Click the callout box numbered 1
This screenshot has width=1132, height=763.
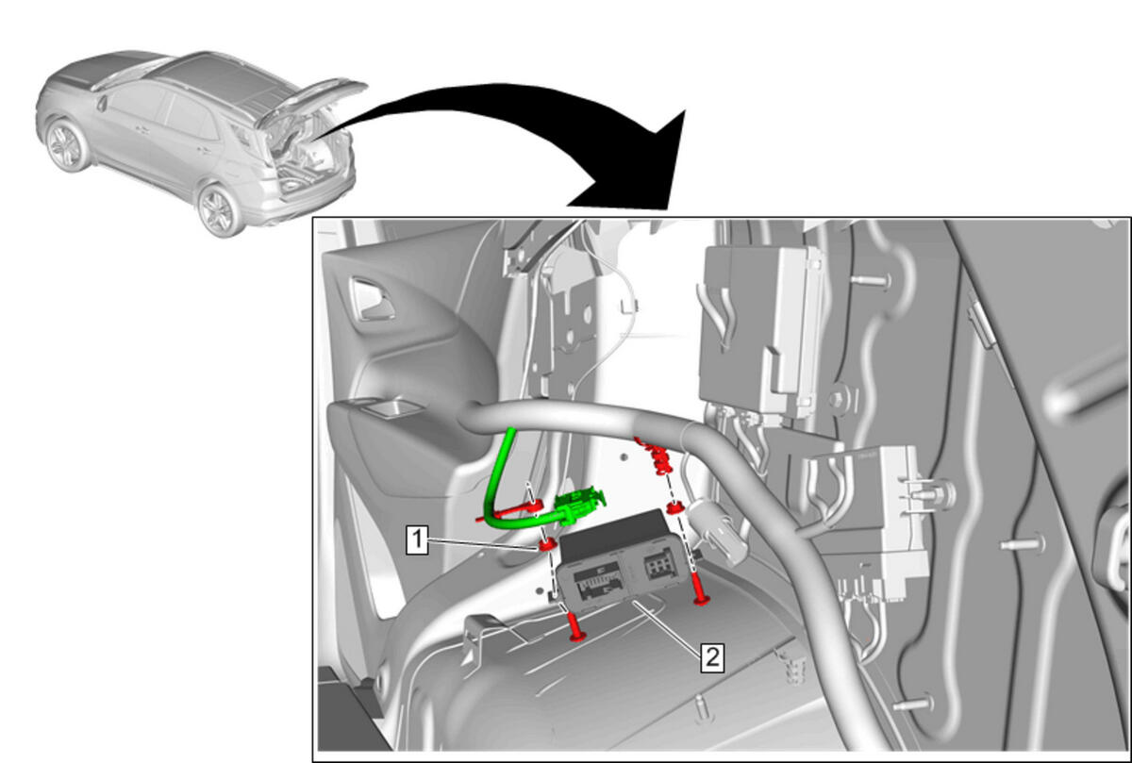417,539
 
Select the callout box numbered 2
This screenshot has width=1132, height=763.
712,658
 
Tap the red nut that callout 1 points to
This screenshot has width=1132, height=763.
547,545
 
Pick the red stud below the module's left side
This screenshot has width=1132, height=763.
575,626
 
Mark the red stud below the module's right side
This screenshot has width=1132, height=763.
701,589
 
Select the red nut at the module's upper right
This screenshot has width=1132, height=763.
674,507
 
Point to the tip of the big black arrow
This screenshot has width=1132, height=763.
685,110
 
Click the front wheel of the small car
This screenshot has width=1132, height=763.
66,144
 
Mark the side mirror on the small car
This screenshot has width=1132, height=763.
103,103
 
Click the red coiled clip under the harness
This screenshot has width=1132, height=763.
657,455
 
